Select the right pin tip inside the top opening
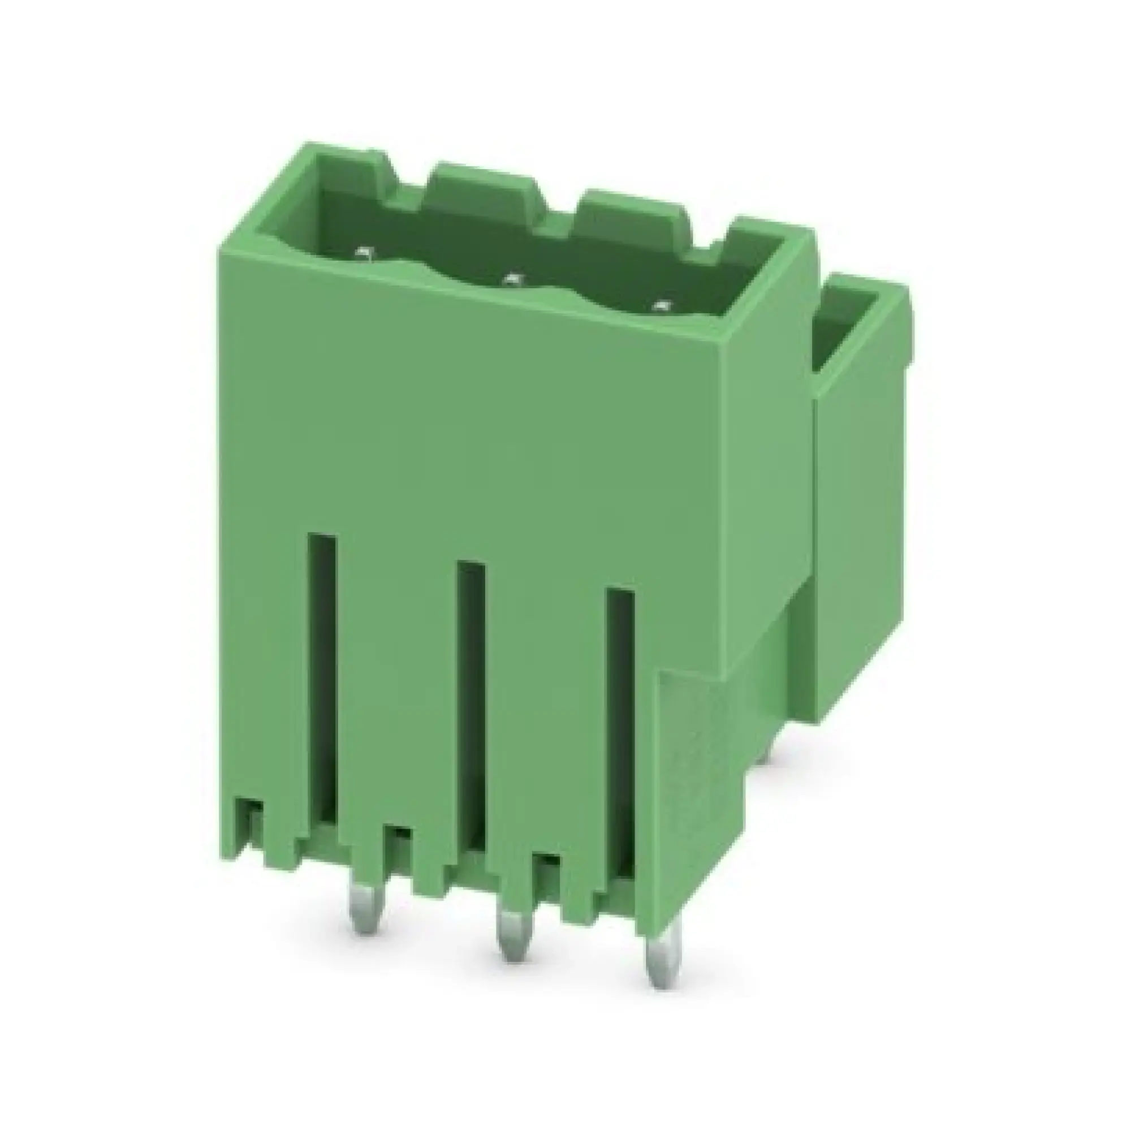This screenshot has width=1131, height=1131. point(661,305)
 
